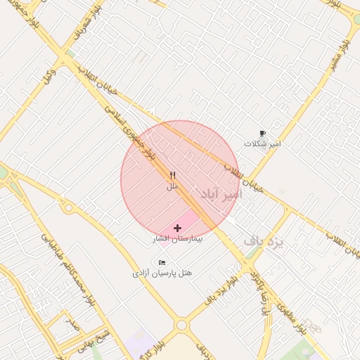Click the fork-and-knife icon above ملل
tap(172, 176)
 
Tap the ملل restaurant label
tap(172, 187)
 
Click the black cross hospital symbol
tap(177, 228)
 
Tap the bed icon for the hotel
tap(162, 262)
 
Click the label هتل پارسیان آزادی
tap(162, 272)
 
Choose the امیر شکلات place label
tap(262, 143)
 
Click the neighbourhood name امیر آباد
tap(220, 194)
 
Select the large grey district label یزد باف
tap(263, 241)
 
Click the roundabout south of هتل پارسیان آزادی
tap(182, 325)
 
